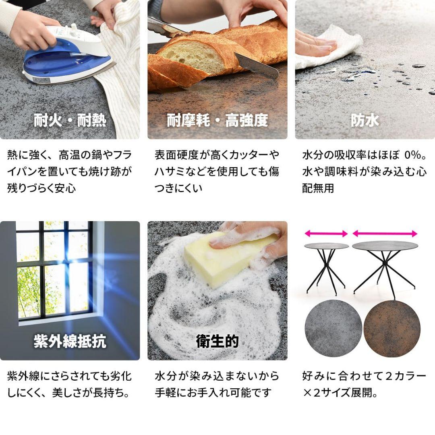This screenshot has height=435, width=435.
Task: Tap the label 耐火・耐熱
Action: point(70,120)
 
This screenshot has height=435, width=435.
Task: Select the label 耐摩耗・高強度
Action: point(217,120)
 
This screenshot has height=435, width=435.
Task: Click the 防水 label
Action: point(365,120)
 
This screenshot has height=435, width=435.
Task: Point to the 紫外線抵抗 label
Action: point(70,342)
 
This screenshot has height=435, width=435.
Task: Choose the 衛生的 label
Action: point(217,342)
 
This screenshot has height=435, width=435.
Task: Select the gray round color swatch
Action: point(333,328)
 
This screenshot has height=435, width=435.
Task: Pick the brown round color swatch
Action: point(392,328)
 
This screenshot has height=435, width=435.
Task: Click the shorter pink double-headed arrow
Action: point(326,234)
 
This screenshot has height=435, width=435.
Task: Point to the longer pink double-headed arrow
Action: point(385,234)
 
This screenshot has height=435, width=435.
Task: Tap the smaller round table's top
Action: point(326,246)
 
